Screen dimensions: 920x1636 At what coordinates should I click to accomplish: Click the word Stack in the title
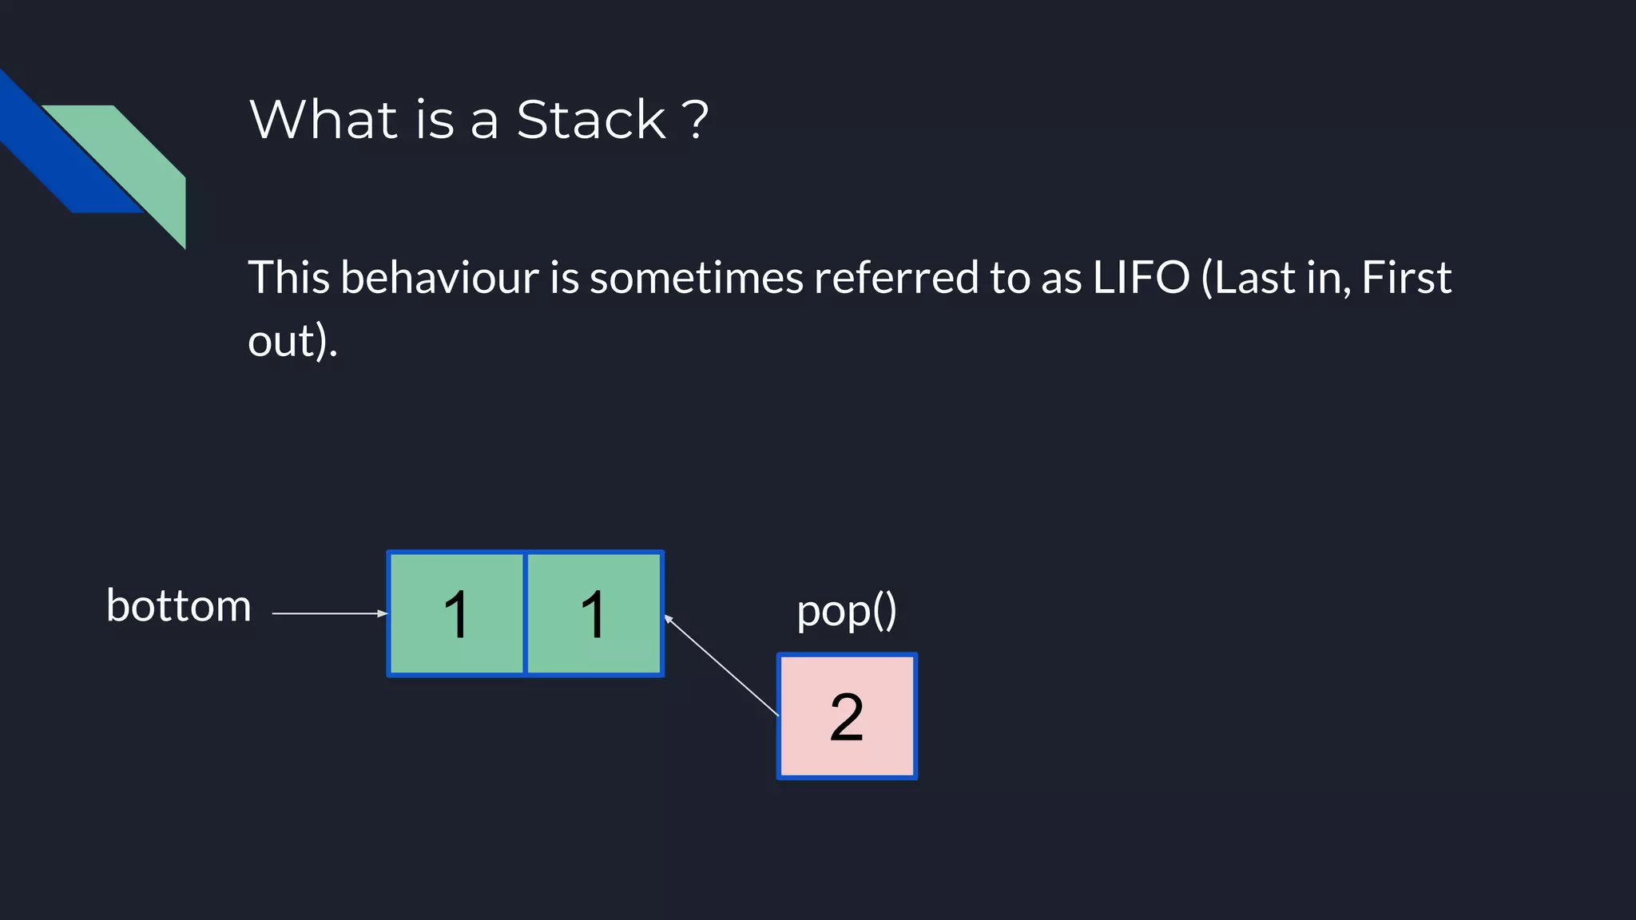click(x=590, y=120)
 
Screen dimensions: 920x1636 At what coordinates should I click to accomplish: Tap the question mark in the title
click(x=696, y=120)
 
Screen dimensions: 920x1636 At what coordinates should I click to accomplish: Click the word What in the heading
click(x=324, y=120)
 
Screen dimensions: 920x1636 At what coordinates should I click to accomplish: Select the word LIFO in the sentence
click(x=1141, y=277)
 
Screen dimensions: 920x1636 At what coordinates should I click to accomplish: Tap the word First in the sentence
click(x=1406, y=277)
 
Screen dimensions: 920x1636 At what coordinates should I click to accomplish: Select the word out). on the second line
click(x=292, y=341)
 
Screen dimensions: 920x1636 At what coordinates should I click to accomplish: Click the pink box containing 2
click(x=847, y=716)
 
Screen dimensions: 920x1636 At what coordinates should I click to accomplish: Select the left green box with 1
click(x=456, y=613)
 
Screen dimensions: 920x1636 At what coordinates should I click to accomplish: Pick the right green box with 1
click(x=594, y=613)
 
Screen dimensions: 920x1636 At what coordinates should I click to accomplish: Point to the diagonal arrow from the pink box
click(x=721, y=665)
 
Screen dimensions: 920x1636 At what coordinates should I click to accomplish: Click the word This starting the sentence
click(x=288, y=277)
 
